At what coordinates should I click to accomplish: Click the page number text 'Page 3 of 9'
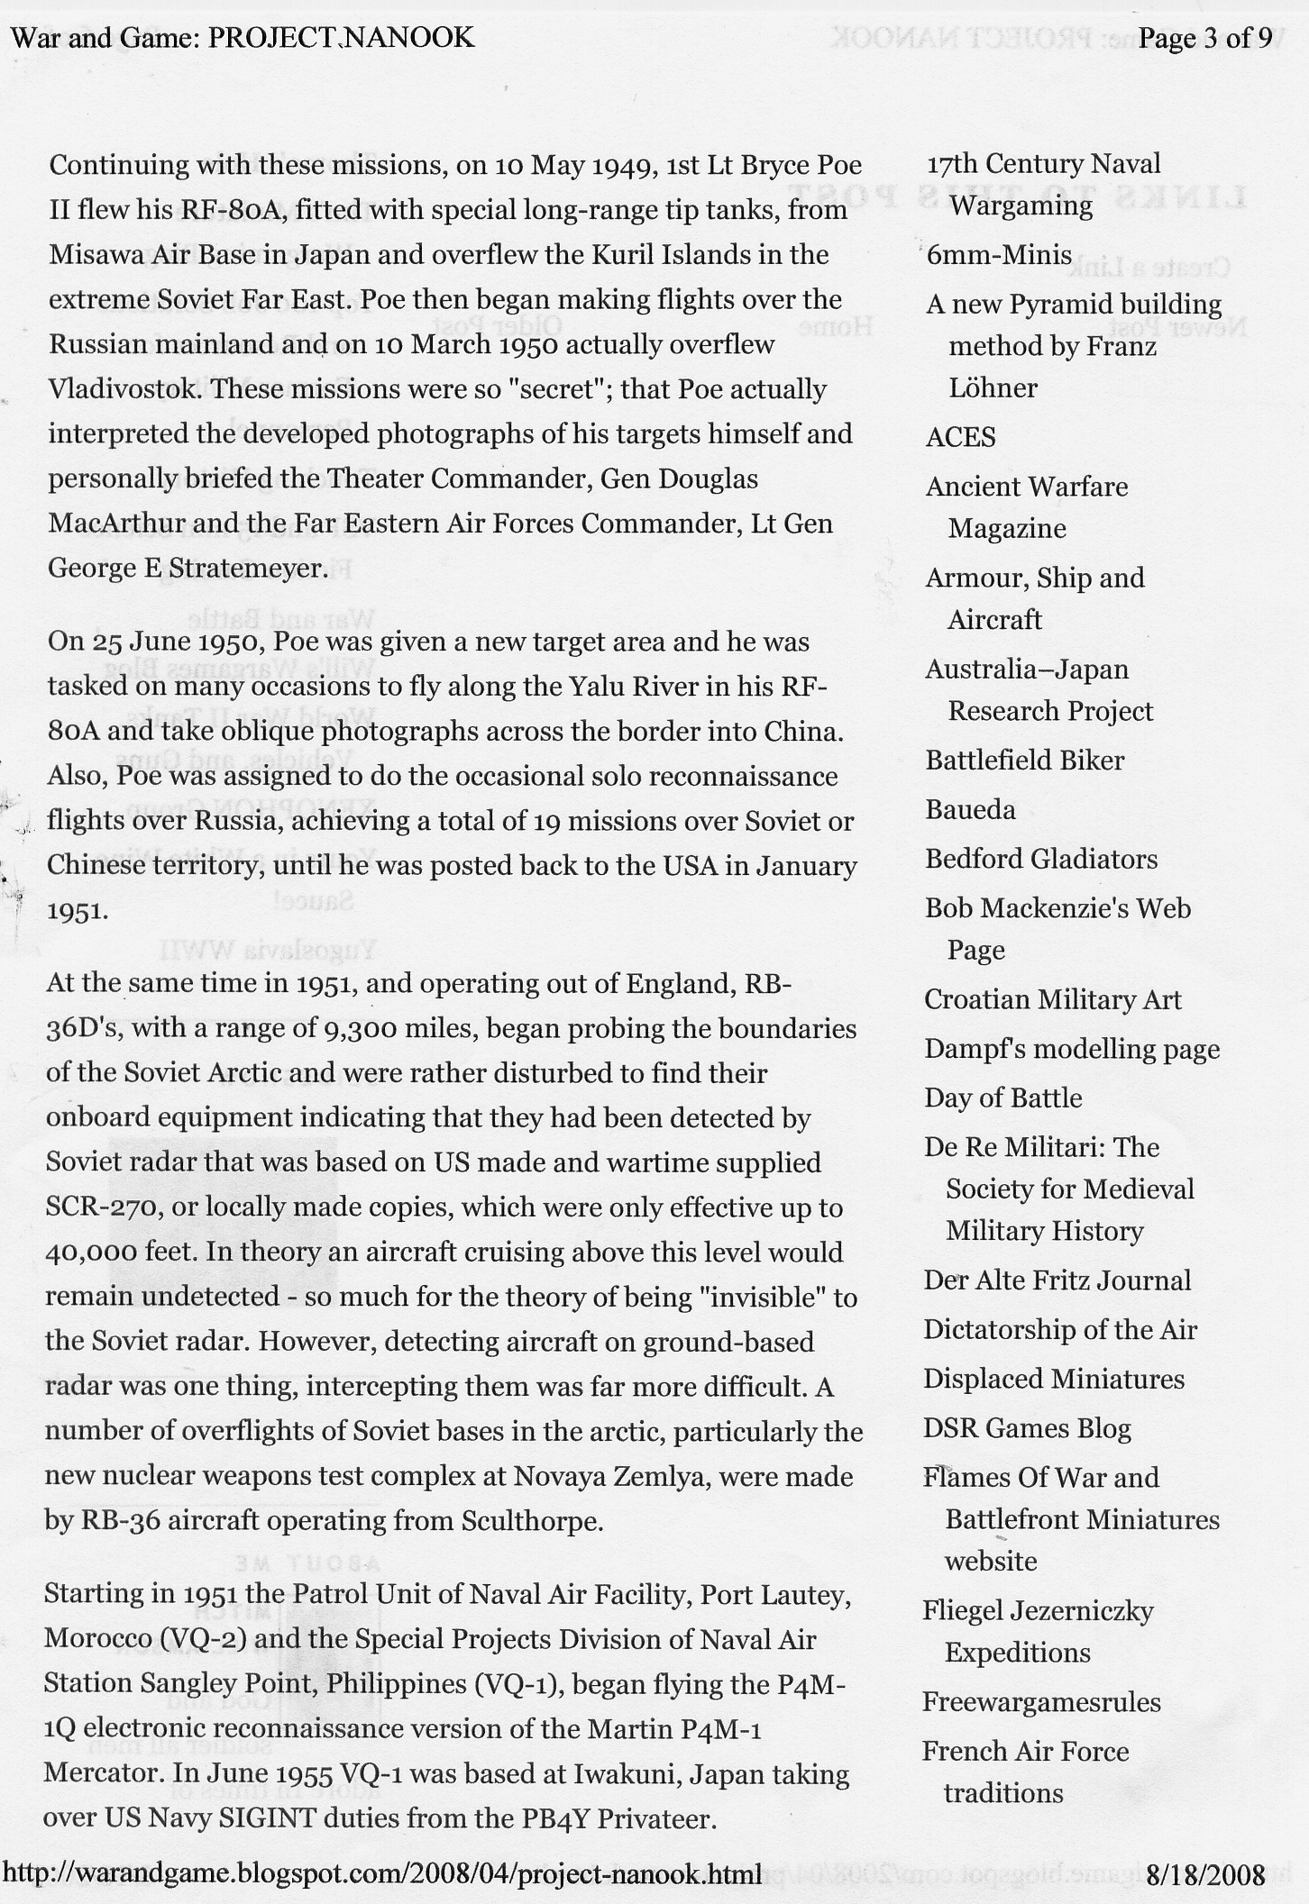1205,37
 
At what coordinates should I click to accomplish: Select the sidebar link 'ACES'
960,437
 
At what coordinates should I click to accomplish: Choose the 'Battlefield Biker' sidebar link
1024,760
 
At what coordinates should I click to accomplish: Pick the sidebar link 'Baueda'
970,809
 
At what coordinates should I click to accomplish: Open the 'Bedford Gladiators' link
1040,859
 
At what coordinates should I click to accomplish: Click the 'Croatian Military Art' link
1052,999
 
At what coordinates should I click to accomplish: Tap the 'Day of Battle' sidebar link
1002,1098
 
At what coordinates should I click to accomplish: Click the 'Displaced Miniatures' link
1053,1379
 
